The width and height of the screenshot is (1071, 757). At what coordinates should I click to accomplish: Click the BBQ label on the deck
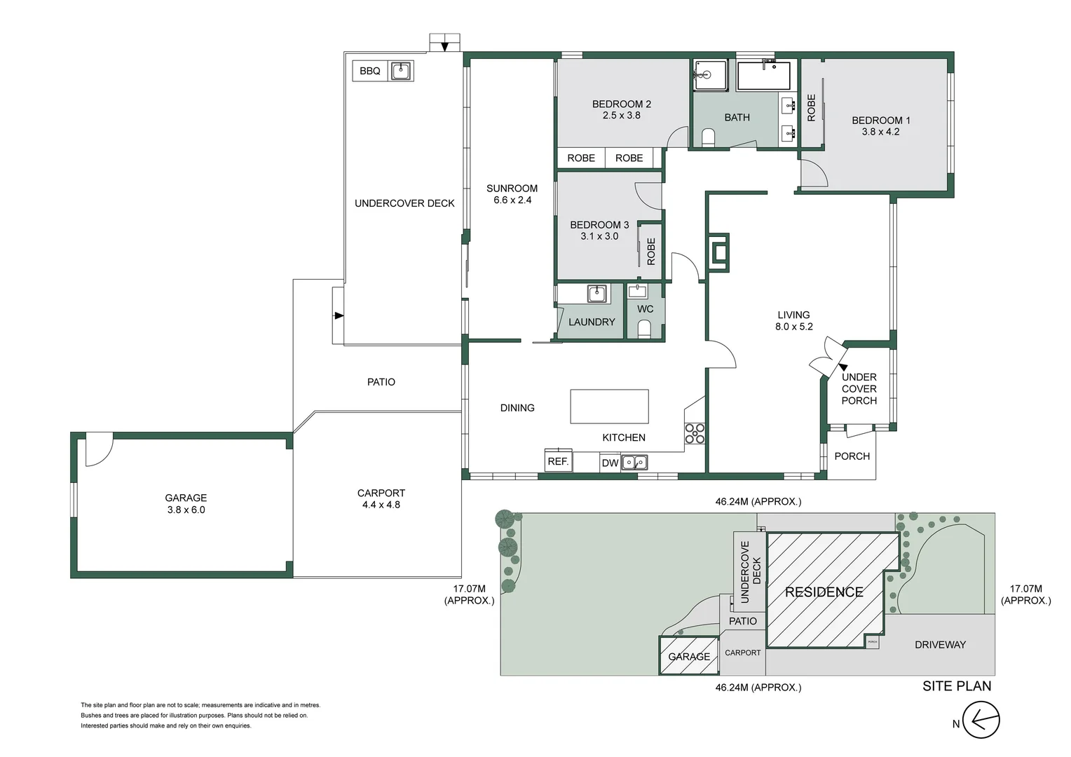click(x=369, y=71)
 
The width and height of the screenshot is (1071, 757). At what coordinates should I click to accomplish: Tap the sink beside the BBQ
click(x=401, y=71)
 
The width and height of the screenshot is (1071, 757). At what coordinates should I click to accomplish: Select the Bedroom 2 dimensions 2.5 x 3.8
click(x=621, y=116)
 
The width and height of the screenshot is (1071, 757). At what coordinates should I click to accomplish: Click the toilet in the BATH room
click(x=708, y=137)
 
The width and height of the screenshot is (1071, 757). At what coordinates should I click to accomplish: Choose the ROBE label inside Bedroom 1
click(x=812, y=107)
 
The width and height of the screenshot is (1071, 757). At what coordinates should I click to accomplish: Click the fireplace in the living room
click(x=720, y=250)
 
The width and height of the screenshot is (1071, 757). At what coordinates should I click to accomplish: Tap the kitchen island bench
click(x=609, y=407)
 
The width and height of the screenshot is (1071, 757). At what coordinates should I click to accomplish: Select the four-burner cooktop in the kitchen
click(x=695, y=433)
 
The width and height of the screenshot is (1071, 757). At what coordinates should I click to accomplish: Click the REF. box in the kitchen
click(x=558, y=461)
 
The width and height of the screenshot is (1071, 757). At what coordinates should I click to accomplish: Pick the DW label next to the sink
click(x=610, y=463)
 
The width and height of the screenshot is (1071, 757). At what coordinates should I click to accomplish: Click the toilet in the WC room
click(x=644, y=329)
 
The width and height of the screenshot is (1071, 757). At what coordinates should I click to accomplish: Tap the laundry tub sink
click(x=596, y=293)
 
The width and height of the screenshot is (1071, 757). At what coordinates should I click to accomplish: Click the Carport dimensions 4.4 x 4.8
click(x=381, y=505)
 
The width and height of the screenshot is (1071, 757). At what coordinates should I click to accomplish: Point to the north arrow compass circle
click(x=981, y=720)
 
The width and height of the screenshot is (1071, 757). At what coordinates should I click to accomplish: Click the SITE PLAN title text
click(x=957, y=686)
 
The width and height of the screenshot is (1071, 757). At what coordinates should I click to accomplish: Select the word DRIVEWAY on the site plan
click(x=940, y=645)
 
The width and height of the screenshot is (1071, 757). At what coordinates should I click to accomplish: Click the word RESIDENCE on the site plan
click(x=824, y=592)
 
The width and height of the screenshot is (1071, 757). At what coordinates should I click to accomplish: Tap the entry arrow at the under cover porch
click(x=843, y=367)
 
